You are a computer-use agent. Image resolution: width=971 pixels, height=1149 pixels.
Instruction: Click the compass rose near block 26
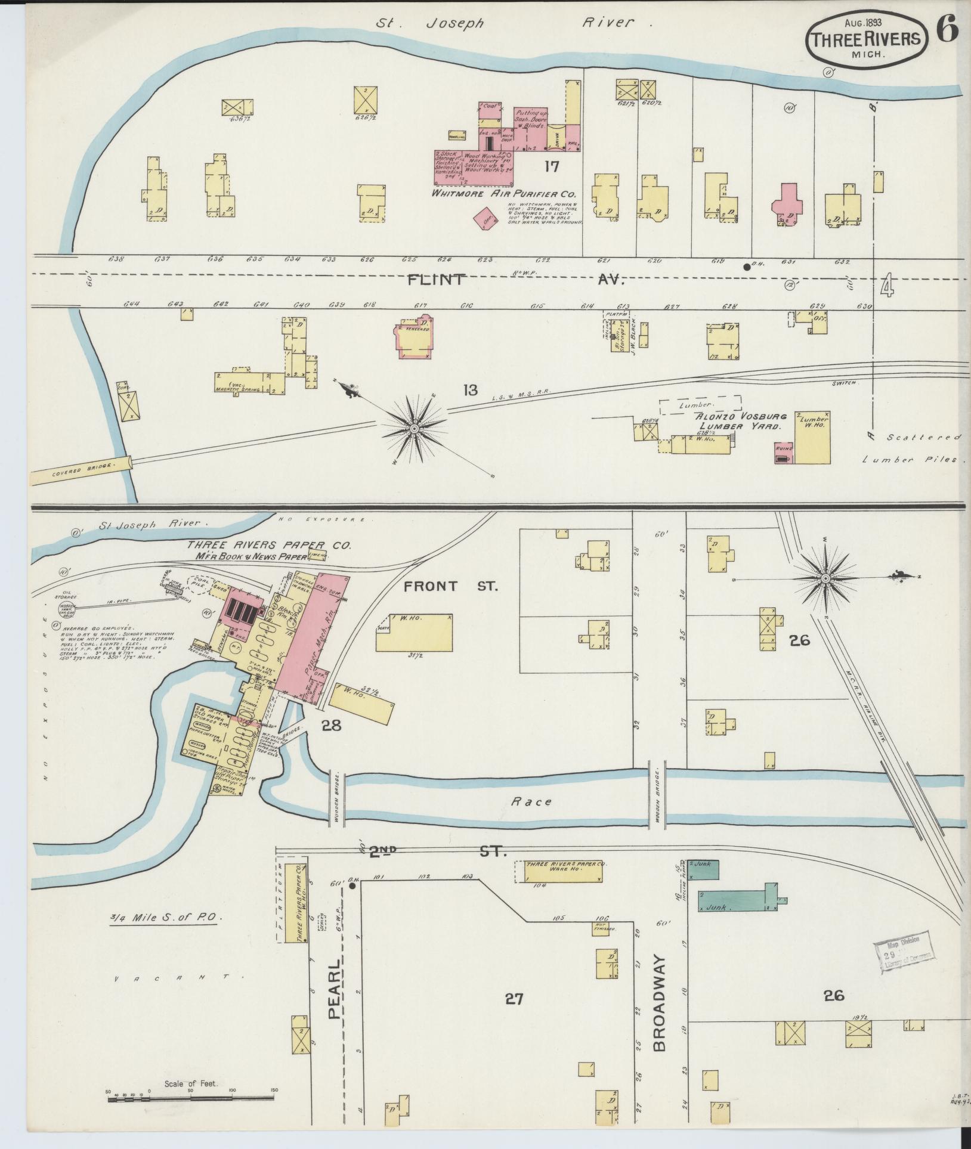pos(825,578)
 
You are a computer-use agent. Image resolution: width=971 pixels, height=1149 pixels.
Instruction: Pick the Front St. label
pos(450,586)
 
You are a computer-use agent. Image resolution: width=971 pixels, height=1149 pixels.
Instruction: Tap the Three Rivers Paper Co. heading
pos(269,545)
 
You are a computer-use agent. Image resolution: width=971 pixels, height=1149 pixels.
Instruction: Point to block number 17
pos(551,166)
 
